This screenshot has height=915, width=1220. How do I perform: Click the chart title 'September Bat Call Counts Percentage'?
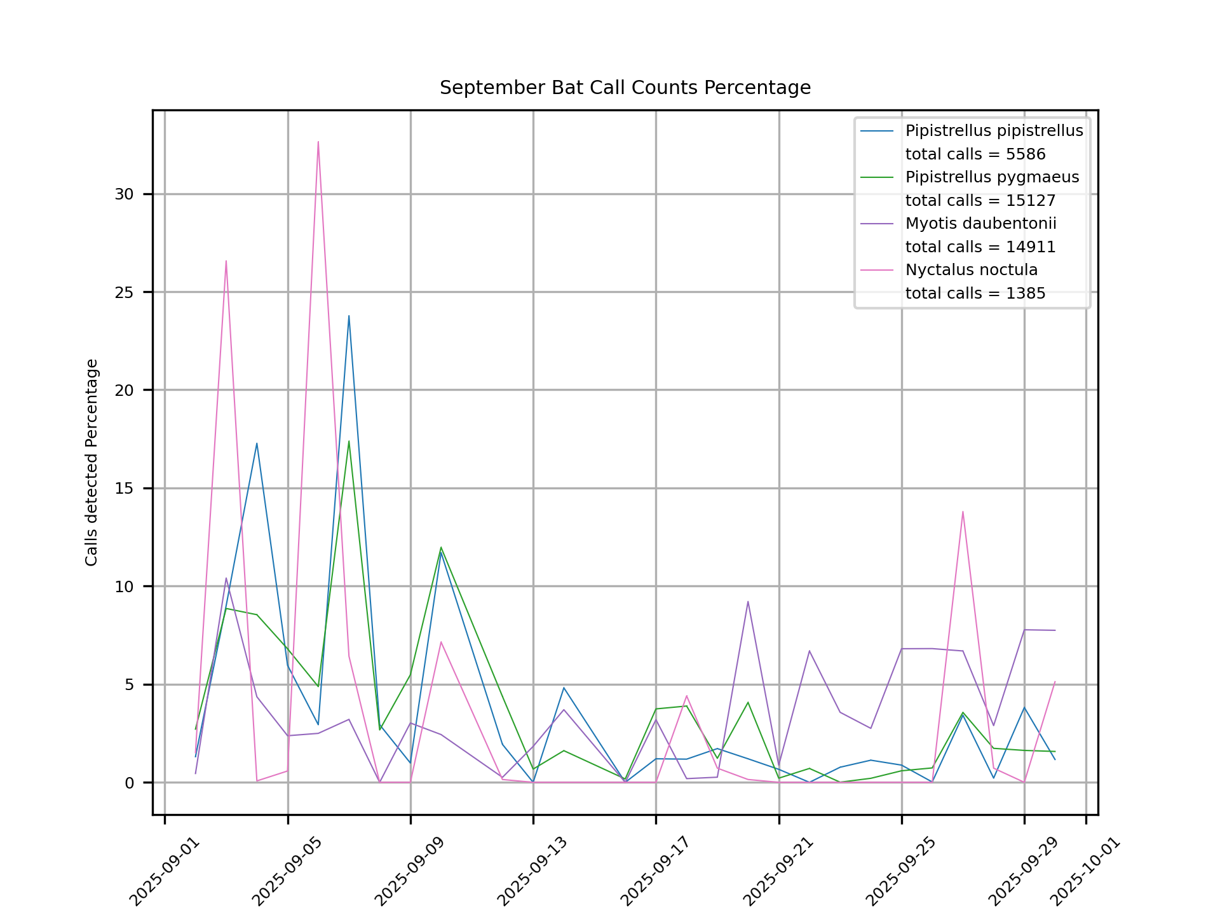coord(625,88)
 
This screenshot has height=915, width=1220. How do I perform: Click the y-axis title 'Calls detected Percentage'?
coord(92,463)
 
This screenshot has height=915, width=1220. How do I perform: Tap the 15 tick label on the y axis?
coord(125,489)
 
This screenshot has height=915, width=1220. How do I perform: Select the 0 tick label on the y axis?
coord(130,783)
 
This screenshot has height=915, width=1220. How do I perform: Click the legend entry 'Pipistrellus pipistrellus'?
coord(994,131)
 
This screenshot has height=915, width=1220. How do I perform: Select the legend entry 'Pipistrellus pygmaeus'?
coord(992,177)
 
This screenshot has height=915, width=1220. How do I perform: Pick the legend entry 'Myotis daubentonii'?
coord(980,224)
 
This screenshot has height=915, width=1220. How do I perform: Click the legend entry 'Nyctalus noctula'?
coord(971,270)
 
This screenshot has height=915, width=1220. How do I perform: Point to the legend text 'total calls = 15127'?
coord(980,201)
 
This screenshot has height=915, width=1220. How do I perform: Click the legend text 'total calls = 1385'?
coord(975,294)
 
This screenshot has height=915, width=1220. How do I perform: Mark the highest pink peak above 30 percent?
coord(318,142)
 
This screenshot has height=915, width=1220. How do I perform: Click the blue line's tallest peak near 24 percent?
coord(348,316)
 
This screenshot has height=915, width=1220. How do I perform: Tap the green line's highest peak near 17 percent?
coord(348,441)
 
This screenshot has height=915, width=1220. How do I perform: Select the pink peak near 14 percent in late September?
coord(963,512)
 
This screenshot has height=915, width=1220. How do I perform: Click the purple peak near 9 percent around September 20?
coord(748,601)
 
